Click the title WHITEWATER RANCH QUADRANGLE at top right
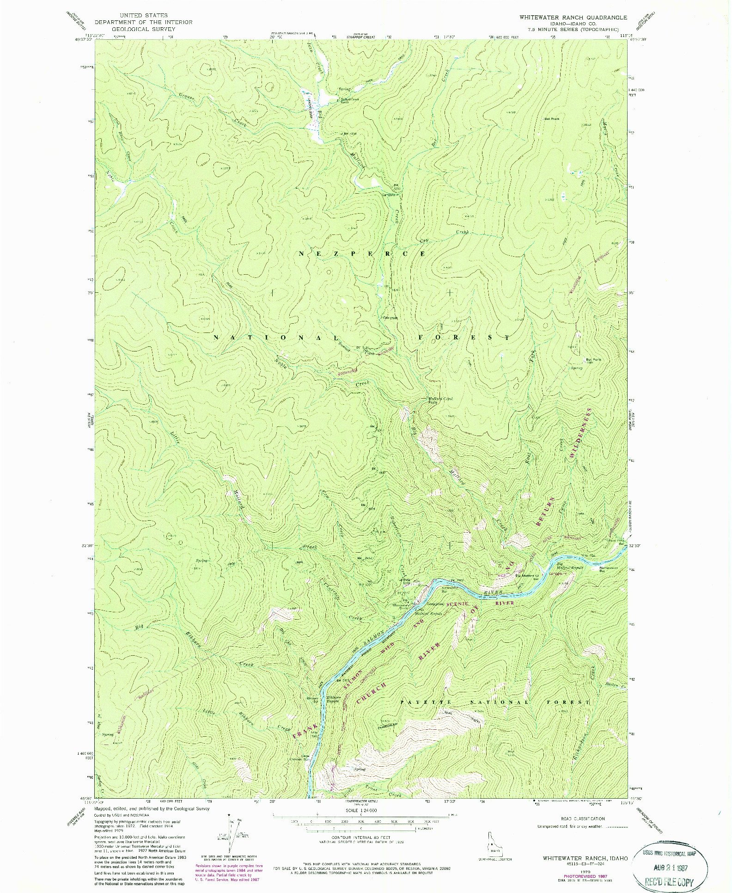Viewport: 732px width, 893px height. point(573,17)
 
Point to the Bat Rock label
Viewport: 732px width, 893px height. point(552,119)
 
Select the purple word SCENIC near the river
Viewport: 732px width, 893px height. point(457,604)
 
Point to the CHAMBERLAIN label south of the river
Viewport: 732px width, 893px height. point(385,725)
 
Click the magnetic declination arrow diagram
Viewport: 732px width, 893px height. point(231,839)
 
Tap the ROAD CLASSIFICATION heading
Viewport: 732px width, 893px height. point(582,818)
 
